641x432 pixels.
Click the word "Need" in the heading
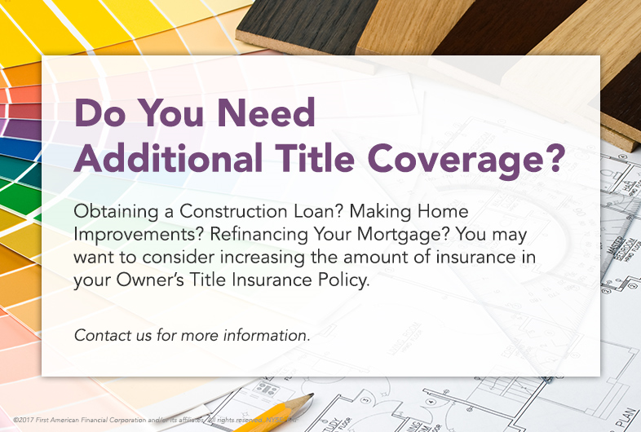[x=269, y=113]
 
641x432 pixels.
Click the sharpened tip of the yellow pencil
[x=311, y=398]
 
